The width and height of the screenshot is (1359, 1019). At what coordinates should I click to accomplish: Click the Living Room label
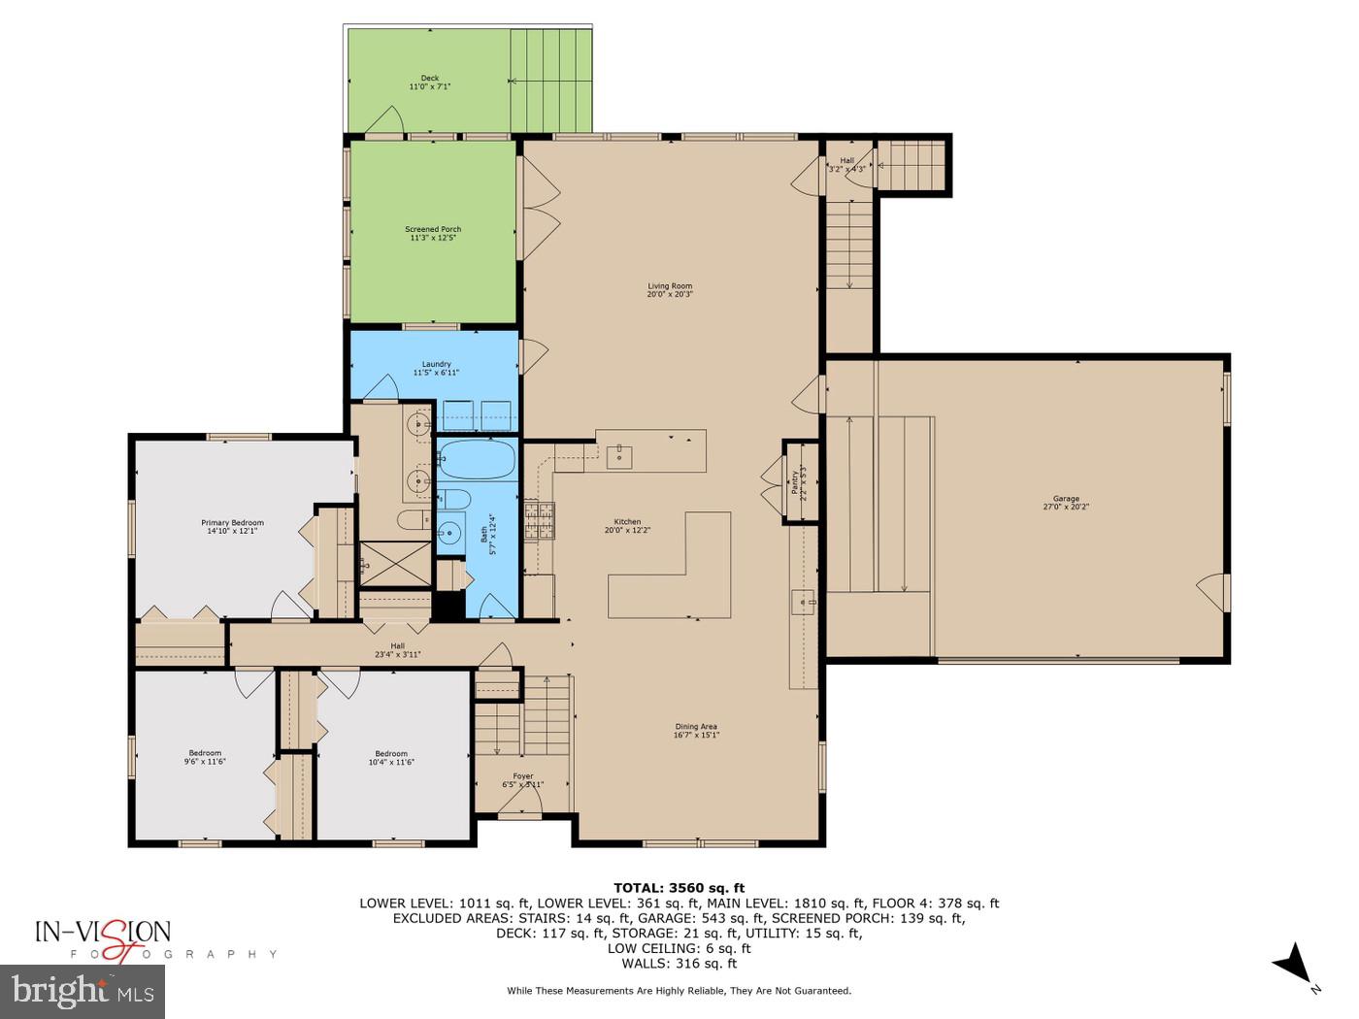670,286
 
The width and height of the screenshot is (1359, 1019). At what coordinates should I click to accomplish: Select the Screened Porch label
433,230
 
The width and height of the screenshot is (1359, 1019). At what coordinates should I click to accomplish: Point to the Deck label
429,79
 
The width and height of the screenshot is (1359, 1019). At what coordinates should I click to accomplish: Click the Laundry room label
436,365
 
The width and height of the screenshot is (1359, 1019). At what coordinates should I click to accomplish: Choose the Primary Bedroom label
232,523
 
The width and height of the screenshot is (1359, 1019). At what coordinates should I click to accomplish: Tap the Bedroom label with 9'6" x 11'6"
205,753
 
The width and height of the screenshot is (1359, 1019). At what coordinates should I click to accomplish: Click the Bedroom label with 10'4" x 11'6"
391,754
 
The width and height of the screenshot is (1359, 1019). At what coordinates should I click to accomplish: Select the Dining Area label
696,727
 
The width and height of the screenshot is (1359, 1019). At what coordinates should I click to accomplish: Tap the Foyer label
523,776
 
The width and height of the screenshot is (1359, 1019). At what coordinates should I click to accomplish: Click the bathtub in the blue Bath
476,459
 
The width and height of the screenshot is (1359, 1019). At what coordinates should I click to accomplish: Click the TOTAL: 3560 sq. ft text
679,887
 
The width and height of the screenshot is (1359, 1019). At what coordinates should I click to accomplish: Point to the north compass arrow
1291,963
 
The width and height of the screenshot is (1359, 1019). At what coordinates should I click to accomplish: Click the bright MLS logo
83,991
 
